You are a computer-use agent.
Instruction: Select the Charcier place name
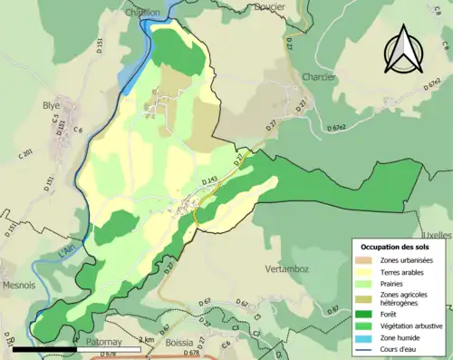[321, 77]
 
